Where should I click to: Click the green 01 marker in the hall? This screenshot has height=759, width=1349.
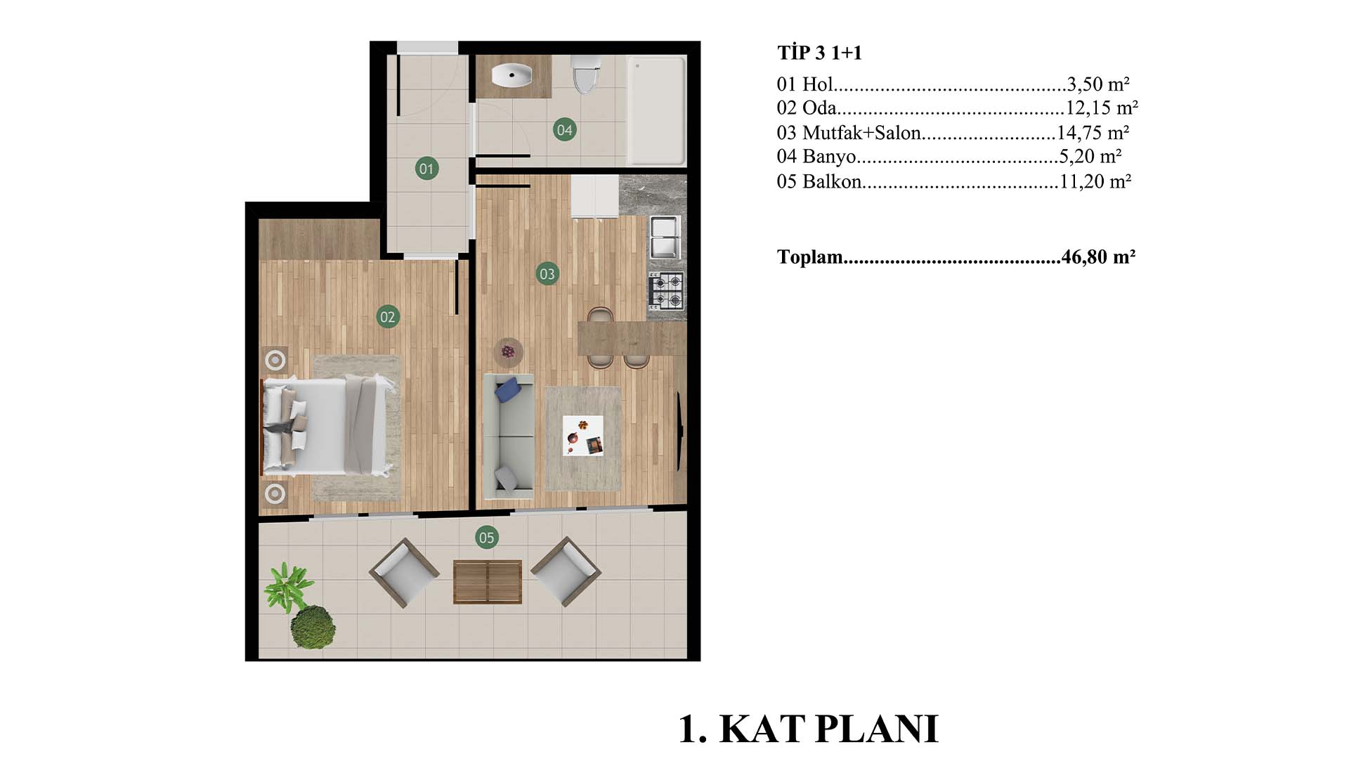pyautogui.click(x=426, y=169)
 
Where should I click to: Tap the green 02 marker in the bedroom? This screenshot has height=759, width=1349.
pyautogui.click(x=387, y=317)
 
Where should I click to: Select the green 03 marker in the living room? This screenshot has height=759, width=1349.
pyautogui.click(x=547, y=274)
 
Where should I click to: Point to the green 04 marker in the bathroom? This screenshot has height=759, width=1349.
pyautogui.click(x=564, y=129)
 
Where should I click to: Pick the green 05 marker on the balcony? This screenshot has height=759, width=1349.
pyautogui.click(x=486, y=538)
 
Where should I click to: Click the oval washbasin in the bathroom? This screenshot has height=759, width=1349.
pyautogui.click(x=511, y=75)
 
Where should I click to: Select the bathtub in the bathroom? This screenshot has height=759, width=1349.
pyautogui.click(x=656, y=110)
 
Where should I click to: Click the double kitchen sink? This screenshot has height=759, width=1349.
pyautogui.click(x=664, y=238)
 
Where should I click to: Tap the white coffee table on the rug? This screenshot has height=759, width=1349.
pyautogui.click(x=583, y=436)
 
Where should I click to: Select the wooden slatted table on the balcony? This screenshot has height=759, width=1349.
pyautogui.click(x=488, y=582)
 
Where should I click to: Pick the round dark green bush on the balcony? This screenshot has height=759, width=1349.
pyautogui.click(x=313, y=627)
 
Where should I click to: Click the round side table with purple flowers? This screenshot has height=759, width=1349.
pyautogui.click(x=508, y=351)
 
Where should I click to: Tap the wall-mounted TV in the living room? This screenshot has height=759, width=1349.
pyautogui.click(x=679, y=432)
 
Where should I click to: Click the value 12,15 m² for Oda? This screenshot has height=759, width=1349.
pyautogui.click(x=1102, y=108)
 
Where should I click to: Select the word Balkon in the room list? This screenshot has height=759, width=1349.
pyautogui.click(x=832, y=181)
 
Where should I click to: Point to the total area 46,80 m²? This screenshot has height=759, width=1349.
pyautogui.click(x=1098, y=257)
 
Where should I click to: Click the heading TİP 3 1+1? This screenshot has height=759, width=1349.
pyautogui.click(x=819, y=53)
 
